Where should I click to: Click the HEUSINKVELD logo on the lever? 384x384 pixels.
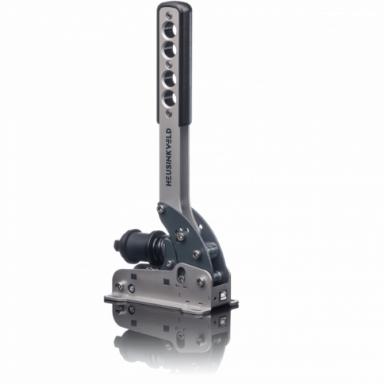pyautogui.click(x=169, y=157)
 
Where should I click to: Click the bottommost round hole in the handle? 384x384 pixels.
pyautogui.click(x=170, y=98)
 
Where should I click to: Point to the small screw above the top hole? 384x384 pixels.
pyautogui.click(x=168, y=15)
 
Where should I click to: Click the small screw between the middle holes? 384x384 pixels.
pyautogui.click(x=168, y=63)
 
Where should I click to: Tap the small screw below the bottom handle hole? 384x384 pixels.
pyautogui.click(x=168, y=112)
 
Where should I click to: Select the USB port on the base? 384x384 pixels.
pyautogui.click(x=223, y=294)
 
